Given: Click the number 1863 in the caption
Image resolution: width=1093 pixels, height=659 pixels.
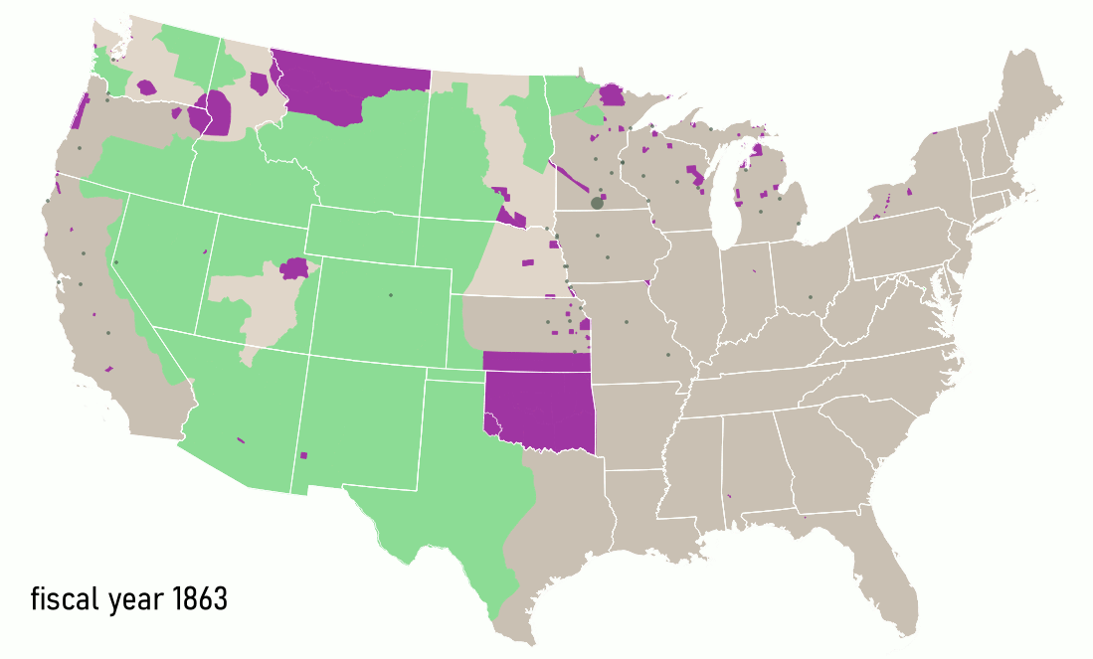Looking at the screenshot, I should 200,600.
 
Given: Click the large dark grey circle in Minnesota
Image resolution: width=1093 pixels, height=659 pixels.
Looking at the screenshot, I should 597,203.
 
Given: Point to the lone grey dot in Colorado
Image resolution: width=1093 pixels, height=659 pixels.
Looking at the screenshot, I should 391,295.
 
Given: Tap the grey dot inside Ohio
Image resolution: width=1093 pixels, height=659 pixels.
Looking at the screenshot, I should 810,297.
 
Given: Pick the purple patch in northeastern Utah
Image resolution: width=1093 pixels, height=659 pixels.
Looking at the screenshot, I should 294,267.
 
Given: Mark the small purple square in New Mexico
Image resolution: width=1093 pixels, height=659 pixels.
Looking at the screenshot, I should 304,455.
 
